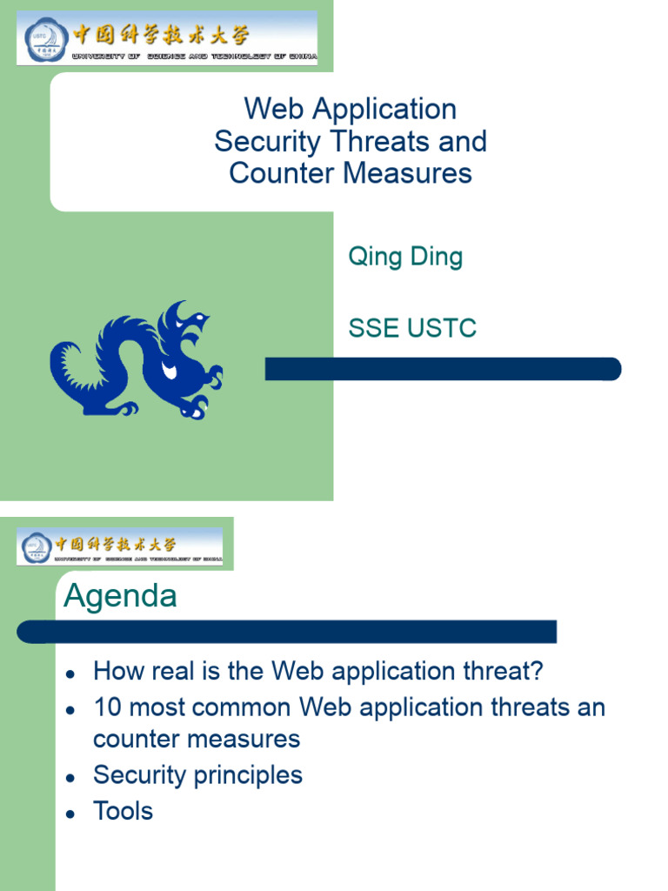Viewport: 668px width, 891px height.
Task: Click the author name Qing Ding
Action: point(405,258)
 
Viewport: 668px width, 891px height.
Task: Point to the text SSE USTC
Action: point(412,328)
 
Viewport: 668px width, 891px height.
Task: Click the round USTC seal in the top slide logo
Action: point(43,39)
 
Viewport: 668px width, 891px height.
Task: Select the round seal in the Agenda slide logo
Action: point(37,546)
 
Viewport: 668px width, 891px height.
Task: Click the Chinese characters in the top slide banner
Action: point(161,35)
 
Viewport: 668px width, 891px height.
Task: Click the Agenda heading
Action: point(120,597)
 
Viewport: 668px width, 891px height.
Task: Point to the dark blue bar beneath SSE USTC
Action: point(443,369)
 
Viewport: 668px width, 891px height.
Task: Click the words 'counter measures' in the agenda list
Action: point(197,740)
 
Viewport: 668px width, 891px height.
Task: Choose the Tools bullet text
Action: point(123,811)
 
